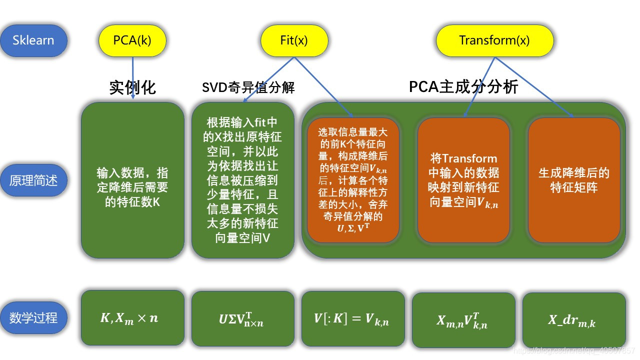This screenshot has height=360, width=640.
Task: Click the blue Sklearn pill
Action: pyautogui.click(x=33, y=40)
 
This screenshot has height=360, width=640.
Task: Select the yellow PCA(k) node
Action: pyautogui.click(x=132, y=40)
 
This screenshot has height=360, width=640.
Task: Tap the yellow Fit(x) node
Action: pyautogui.click(x=294, y=40)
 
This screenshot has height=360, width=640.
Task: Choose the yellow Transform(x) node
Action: pyautogui.click(x=494, y=40)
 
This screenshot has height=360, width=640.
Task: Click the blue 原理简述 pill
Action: pyautogui.click(x=33, y=180)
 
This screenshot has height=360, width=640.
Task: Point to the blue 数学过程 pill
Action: pyautogui.click(x=33, y=317)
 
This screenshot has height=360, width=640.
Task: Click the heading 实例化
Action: pyautogui.click(x=132, y=87)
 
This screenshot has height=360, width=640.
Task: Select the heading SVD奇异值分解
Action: pyautogui.click(x=248, y=88)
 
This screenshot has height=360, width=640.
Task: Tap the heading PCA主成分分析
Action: pyautogui.click(x=463, y=87)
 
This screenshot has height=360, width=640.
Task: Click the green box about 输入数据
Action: pyautogui.click(x=132, y=180)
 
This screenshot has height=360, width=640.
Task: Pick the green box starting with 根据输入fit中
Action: pyautogui.click(x=243, y=180)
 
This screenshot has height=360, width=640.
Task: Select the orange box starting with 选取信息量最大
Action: pyautogui.click(x=353, y=180)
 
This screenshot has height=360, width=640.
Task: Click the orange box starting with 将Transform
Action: pyautogui.click(x=463, y=180)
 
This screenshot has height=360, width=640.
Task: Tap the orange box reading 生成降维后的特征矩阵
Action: pyautogui.click(x=574, y=180)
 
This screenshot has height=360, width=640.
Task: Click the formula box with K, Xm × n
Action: pyautogui.click(x=132, y=317)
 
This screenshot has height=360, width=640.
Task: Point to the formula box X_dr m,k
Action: pyautogui.click(x=574, y=320)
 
